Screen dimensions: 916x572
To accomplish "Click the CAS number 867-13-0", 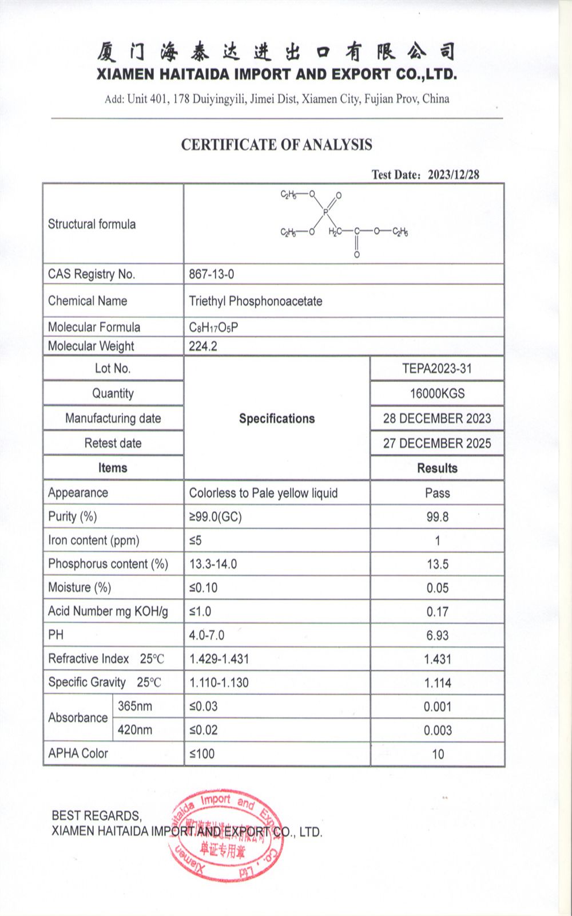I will [x=212, y=274].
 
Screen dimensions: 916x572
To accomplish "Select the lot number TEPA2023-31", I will [x=437, y=369].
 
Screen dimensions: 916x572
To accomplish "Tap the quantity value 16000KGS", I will [x=437, y=394].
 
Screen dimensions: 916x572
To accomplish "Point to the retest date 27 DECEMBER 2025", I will [x=437, y=444].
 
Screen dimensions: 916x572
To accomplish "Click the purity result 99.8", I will [x=437, y=517].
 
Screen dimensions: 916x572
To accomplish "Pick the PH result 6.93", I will [x=437, y=635].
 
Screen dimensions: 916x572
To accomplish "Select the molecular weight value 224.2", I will [x=203, y=346].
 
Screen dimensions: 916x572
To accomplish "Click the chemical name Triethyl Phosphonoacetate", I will [x=256, y=301].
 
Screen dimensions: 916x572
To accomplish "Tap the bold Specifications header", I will [x=277, y=418].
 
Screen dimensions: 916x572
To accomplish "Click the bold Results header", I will [x=437, y=468].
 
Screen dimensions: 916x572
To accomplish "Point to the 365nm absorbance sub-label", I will [x=135, y=706].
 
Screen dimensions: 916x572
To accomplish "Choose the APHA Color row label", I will [x=78, y=753].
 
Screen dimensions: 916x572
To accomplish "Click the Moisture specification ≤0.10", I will [x=204, y=588].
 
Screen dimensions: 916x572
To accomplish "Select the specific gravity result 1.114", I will [x=437, y=683].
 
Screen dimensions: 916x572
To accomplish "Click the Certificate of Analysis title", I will [x=277, y=145].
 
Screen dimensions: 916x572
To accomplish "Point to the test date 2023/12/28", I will [x=453, y=175].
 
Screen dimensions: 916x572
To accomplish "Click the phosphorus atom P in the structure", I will [x=325, y=212].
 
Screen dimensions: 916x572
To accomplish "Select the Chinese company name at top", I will [x=277, y=52].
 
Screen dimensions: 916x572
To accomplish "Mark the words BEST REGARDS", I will [x=96, y=816].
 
